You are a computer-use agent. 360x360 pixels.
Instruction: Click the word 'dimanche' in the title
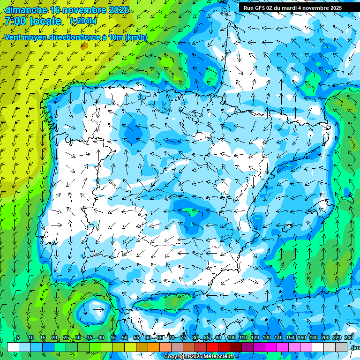26,10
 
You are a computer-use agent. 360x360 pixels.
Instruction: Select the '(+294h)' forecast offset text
83,21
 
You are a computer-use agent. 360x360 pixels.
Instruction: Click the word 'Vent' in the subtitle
14,37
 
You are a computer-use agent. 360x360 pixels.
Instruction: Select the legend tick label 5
18,337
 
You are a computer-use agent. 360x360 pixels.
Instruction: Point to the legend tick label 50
124,337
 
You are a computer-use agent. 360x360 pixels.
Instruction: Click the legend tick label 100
231,337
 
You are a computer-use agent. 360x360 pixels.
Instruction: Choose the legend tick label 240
348,337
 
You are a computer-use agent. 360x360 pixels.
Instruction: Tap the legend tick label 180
313,337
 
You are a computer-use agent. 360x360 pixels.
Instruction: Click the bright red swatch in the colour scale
212,347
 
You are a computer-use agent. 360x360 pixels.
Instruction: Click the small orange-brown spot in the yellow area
84,46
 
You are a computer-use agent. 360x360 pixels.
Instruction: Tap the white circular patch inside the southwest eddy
96,310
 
